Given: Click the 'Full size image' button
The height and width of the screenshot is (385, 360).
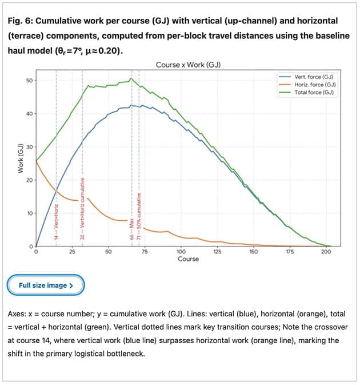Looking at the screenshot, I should [45, 285].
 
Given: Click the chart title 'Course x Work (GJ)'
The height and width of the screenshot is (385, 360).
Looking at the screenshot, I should [188, 65].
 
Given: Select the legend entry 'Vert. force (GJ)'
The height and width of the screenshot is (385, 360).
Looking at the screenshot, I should [314, 76].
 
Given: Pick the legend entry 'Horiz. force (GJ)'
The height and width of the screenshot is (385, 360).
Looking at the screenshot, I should [314, 84].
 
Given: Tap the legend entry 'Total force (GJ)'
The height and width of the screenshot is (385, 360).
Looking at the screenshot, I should [314, 92].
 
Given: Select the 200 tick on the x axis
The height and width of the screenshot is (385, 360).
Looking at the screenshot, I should [326, 252].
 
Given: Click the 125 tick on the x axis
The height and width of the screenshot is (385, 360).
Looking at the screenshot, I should [217, 252].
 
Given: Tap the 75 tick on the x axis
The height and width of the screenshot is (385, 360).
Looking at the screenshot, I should [145, 252].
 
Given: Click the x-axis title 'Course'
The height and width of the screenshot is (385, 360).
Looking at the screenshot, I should [188, 259].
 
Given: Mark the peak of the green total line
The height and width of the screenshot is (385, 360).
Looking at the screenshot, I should [131, 78].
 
